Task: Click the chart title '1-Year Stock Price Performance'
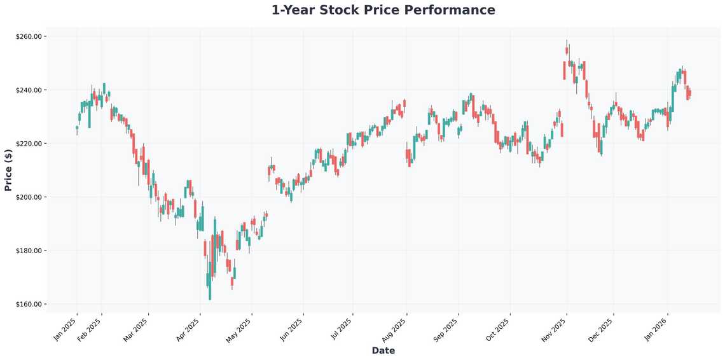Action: (383, 10)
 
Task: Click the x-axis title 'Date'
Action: (383, 350)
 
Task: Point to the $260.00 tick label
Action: (28, 37)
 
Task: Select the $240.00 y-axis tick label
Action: (28, 90)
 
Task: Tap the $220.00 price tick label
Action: (28, 144)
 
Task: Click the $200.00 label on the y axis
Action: (28, 197)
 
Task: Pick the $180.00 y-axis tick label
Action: (28, 251)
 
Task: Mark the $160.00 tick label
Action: (28, 304)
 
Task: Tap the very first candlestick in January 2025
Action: (77, 127)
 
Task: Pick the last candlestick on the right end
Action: (689, 93)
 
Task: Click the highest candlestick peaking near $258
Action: (567, 50)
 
